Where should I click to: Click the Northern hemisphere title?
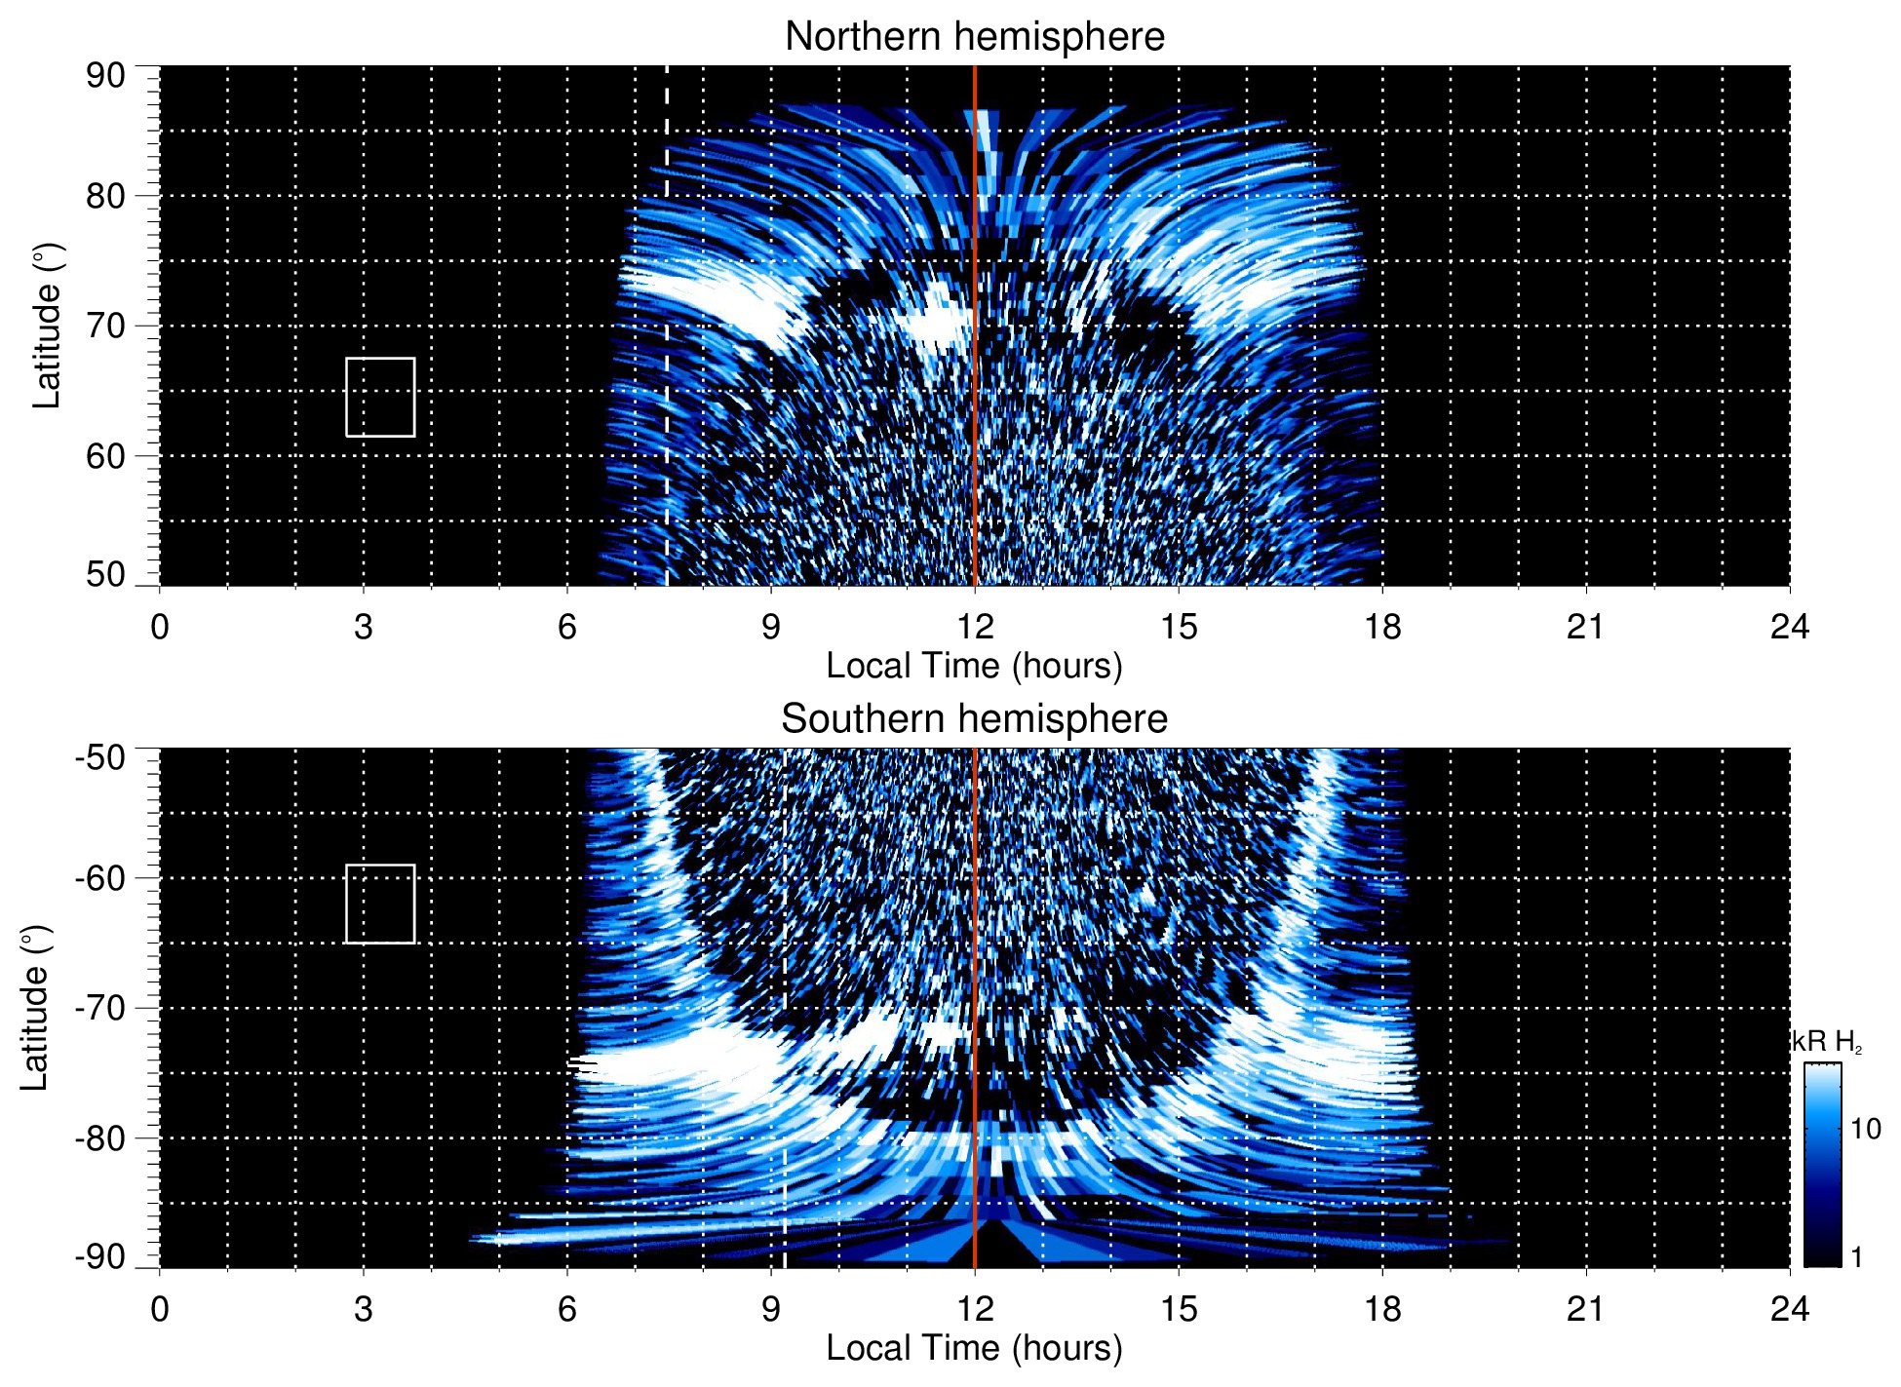[x=974, y=37]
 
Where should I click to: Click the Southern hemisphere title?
[x=974, y=719]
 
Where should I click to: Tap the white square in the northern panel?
[x=380, y=397]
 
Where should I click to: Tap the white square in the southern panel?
[x=380, y=904]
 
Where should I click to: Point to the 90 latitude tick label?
[x=105, y=76]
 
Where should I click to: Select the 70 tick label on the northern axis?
[x=105, y=327]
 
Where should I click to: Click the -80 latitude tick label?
[x=100, y=1138]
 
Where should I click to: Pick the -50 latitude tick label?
[x=100, y=757]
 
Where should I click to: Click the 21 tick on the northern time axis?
[x=1585, y=627]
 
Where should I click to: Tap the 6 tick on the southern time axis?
[x=567, y=1309]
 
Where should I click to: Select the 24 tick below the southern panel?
[x=1789, y=1309]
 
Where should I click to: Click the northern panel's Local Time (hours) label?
[x=974, y=666]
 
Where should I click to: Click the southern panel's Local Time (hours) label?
[x=974, y=1348]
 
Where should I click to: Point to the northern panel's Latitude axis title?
[x=46, y=327]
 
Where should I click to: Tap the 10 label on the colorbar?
[x=1865, y=1130]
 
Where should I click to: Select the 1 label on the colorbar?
[x=1856, y=1257]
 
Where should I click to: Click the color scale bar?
[x=1821, y=1165]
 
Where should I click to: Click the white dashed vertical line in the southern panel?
[x=785, y=975]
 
